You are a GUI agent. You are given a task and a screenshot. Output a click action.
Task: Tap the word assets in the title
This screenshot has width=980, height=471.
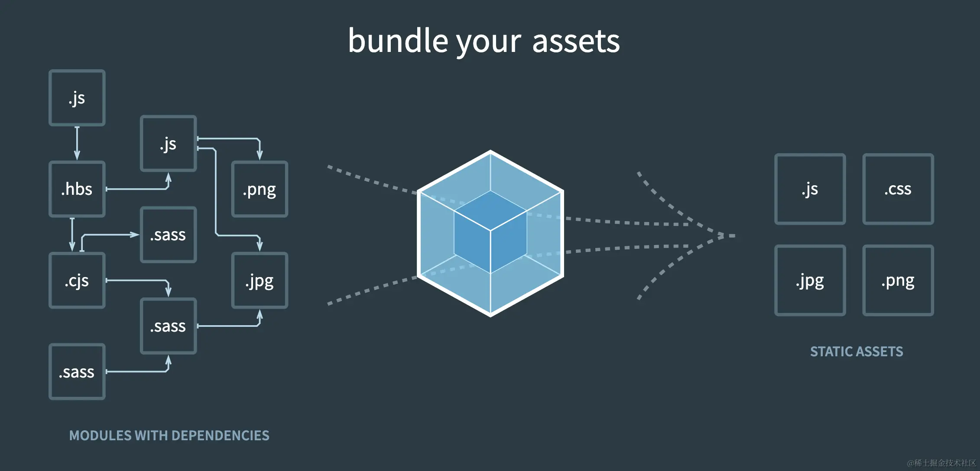pyautogui.click(x=576, y=42)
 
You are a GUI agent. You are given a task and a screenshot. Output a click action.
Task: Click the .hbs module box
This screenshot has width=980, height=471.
pyautogui.click(x=77, y=189)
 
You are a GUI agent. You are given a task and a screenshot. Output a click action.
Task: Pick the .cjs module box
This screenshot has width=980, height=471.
pyautogui.click(x=77, y=281)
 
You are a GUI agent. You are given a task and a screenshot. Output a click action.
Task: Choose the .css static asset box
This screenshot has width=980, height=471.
pyautogui.click(x=898, y=189)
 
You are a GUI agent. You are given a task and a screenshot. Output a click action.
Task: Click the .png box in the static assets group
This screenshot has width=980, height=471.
pyautogui.click(x=898, y=281)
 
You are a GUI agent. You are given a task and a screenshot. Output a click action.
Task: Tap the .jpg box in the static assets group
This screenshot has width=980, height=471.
pyautogui.click(x=810, y=281)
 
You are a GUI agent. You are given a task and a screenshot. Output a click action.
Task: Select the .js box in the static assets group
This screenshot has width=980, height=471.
pyautogui.click(x=810, y=189)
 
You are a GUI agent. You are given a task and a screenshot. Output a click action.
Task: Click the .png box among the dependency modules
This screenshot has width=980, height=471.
pyautogui.click(x=260, y=189)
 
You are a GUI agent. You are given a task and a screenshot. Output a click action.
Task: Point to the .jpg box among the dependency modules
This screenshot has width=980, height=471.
pyautogui.click(x=260, y=281)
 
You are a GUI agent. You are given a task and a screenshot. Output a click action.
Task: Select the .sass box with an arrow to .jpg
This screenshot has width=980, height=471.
pyautogui.click(x=168, y=326)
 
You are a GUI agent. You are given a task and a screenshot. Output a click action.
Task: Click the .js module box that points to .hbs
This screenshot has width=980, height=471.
pyautogui.click(x=77, y=98)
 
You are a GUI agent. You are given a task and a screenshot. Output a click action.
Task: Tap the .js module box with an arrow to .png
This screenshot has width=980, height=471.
pyautogui.click(x=168, y=143)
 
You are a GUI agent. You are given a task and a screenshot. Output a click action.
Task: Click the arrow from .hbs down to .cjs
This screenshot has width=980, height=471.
pyautogui.click(x=72, y=234)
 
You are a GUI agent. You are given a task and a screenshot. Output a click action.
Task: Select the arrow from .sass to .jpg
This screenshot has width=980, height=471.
pyautogui.click(x=230, y=326)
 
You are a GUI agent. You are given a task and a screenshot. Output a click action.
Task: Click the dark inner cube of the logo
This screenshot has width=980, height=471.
pyautogui.click(x=490, y=232)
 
